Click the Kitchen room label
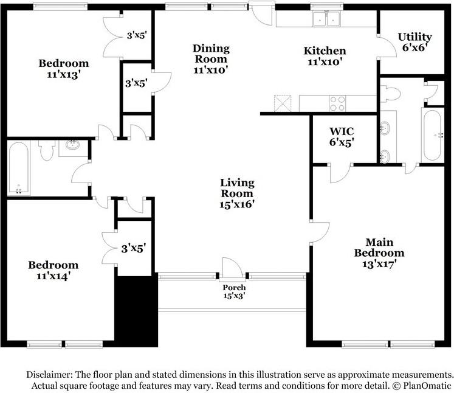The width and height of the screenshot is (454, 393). pos(325,56)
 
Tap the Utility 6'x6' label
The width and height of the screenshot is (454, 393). pos(414,42)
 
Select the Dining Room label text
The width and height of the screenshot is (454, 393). pos(211,59)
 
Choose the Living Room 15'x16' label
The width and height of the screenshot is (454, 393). pos(237,193)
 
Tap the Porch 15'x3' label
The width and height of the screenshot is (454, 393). pos(233,291)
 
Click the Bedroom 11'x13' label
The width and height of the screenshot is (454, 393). pos(64,68)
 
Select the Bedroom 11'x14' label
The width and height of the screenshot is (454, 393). pos(53,270)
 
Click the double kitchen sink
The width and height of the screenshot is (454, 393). pos(326,19)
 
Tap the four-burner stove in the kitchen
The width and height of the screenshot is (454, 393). pos(337,103)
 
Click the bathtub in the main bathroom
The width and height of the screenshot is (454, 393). pos(432,135)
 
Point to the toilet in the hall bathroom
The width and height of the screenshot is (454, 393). pos(46,150)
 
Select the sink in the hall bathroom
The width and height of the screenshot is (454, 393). pos(73,145)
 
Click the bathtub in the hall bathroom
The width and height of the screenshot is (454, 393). pos(18,168)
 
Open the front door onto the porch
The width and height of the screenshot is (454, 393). pos(232,268)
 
